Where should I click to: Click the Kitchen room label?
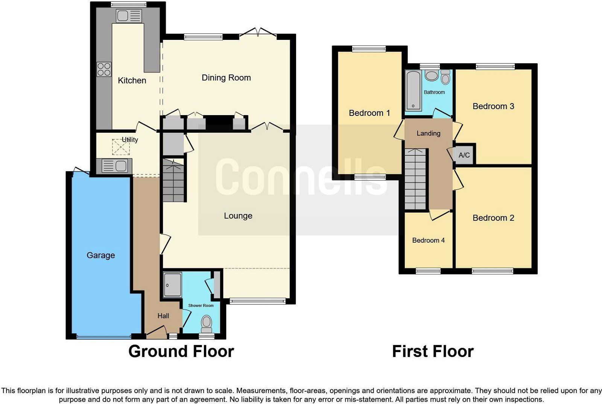pos(132,80)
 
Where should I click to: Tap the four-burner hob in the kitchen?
pos(104,69)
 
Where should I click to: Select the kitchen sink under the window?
pos(128,16)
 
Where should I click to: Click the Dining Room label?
pos(226,77)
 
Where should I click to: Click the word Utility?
pos(130,140)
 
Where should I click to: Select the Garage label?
pos(100,255)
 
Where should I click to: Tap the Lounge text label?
pos(238,216)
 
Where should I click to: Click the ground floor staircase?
pos(173,181)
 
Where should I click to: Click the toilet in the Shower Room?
pos(206,322)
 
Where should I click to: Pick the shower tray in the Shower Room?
pos(172,284)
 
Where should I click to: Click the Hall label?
pos(163,316)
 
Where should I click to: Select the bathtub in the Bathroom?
pos(413,91)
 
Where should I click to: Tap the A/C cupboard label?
pos(464,155)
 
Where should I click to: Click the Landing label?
pos(428,133)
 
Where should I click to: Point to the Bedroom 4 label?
pos(428,240)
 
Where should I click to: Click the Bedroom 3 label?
pos(493,106)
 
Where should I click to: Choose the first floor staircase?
pos(416,179)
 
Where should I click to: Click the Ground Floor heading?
pos(181,351)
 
